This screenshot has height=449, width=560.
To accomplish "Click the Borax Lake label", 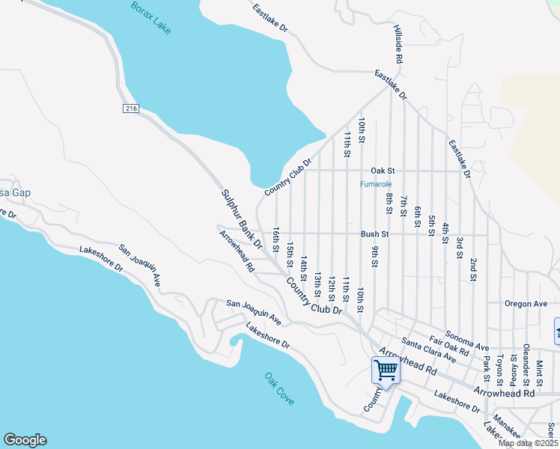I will point(150,17).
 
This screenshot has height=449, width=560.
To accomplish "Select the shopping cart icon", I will point(386,370).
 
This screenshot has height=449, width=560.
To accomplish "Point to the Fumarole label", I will point(376,184).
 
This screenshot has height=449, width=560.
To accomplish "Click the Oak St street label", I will point(382,171).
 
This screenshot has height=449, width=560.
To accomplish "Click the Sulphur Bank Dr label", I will point(242,219).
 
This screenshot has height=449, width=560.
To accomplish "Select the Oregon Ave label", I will point(526,304).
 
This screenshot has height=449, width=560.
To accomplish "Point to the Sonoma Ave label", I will point(466,341).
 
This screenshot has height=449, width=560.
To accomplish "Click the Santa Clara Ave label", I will point(428,350).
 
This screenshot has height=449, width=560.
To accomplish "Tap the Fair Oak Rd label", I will point(449,345).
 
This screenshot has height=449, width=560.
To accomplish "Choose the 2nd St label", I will point(473,269).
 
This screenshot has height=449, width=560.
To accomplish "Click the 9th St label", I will point(374,257).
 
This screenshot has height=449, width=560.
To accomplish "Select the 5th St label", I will point(431,225).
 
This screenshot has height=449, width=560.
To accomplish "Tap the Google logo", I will point(25,440).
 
